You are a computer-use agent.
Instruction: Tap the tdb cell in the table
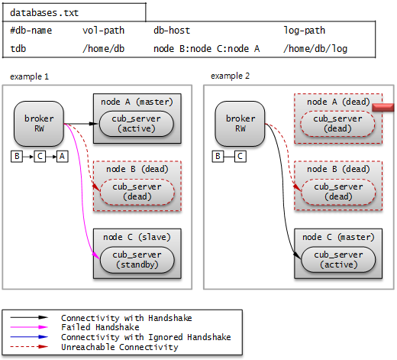pyautogui.click(x=18, y=48)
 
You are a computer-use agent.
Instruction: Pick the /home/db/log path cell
pyautogui.click(x=315, y=48)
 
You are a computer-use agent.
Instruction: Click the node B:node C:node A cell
pyautogui.click(x=206, y=48)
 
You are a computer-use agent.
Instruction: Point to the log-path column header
pyautogui.click(x=304, y=31)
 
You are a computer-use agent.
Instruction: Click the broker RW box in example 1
pyautogui.click(x=39, y=123)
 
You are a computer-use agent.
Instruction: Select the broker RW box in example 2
pyautogui.click(x=240, y=123)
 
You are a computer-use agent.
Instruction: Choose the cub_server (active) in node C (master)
pyautogui.click(x=336, y=259)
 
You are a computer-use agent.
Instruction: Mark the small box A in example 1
pyautogui.click(x=62, y=156)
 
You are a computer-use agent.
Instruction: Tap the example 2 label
pyautogui.click(x=230, y=76)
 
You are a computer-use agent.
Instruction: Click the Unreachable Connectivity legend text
pyautogui.click(x=119, y=346)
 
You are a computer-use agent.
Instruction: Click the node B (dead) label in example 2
pyautogui.click(x=338, y=169)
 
